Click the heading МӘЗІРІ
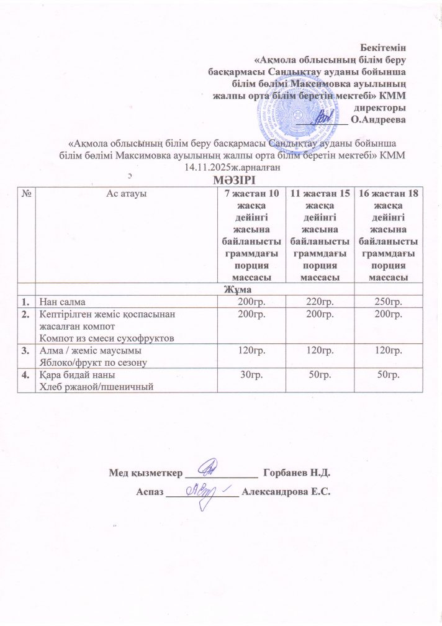[x=222, y=179]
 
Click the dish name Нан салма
[x=58, y=301]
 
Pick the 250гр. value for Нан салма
[x=388, y=301]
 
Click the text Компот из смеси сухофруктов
[x=94, y=337]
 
